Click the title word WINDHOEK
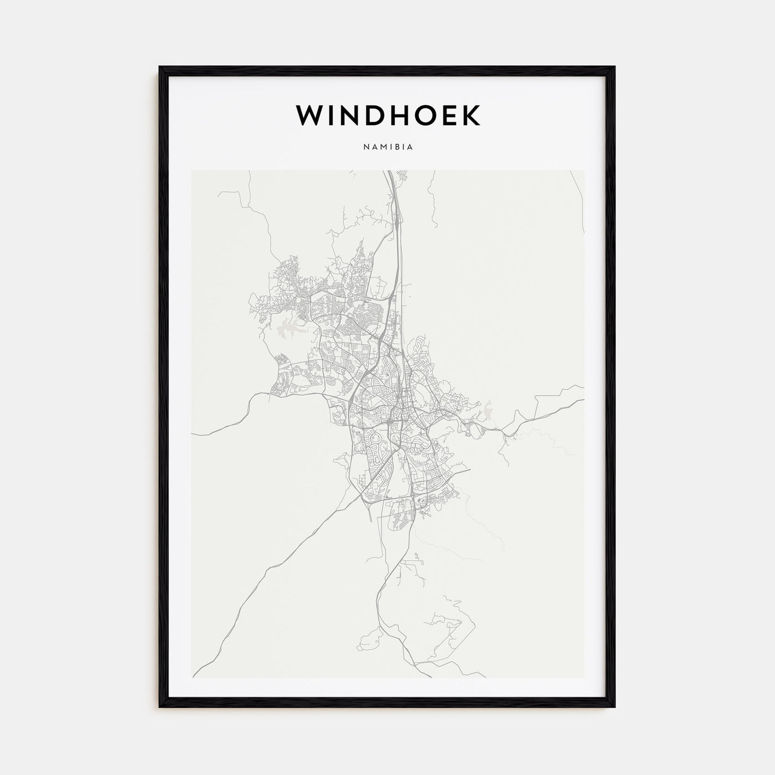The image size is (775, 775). tap(388, 115)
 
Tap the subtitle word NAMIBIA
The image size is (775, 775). tap(388, 148)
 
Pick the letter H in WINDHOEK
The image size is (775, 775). tap(395, 115)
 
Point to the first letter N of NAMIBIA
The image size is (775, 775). tap(365, 148)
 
